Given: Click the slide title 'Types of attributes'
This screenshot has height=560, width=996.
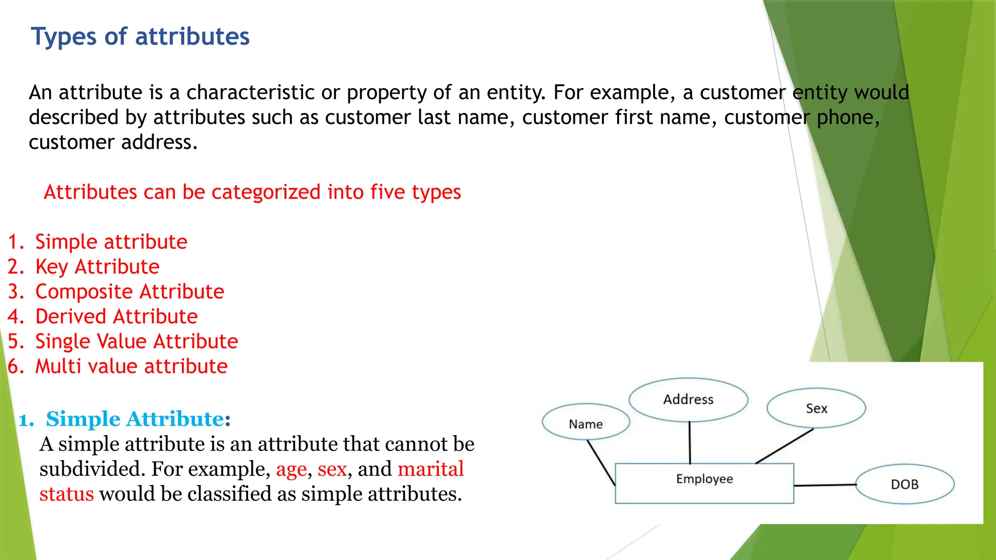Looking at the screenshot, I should tap(140, 37).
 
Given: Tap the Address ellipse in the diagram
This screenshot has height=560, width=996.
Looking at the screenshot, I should tap(688, 400).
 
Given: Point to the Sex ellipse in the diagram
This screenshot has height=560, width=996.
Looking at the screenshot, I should tap(816, 408).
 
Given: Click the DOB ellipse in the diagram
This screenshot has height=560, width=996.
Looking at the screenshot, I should tap(905, 484).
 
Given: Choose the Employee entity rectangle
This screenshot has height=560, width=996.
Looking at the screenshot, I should tap(704, 483).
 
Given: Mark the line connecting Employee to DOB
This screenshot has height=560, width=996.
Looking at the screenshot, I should tap(825, 485).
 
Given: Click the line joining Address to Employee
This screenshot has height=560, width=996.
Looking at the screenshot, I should tap(690, 442).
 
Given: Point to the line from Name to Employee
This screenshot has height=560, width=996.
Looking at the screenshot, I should tap(601, 463).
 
